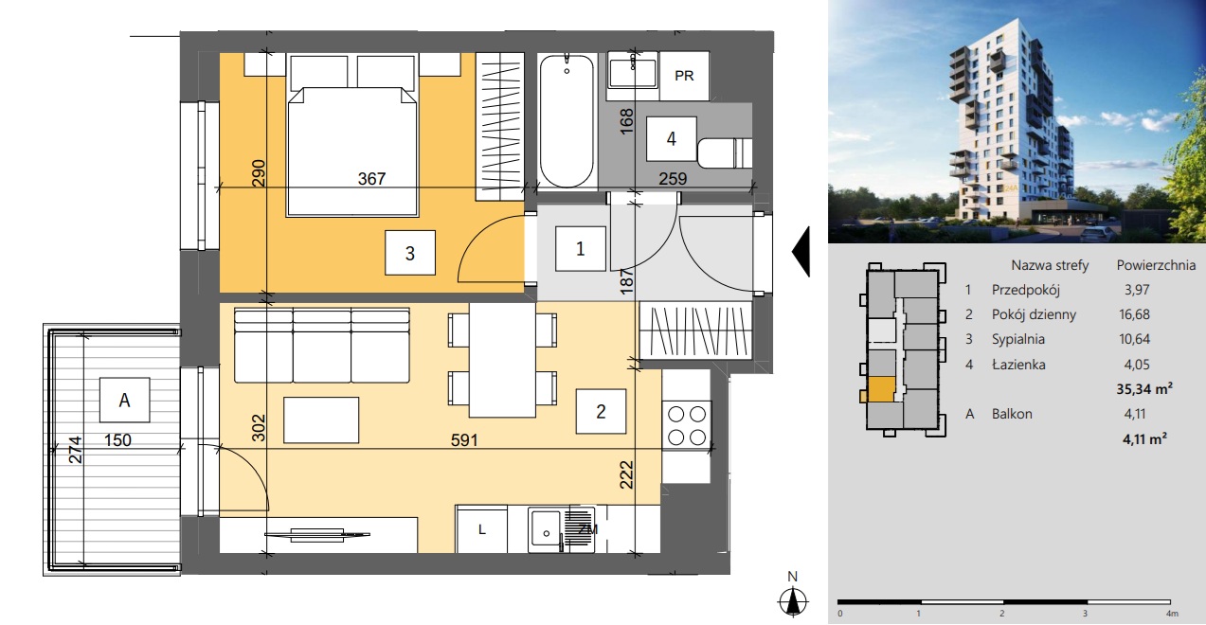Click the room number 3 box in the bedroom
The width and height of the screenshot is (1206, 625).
coord(409,253)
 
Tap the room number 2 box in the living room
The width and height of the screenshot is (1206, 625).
coord(601,411)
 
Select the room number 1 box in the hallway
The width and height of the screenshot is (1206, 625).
coord(581,249)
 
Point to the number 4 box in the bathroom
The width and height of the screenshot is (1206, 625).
coord(672,138)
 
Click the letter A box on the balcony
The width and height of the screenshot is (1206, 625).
coord(124,400)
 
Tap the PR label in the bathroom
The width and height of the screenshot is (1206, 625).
coord(684,76)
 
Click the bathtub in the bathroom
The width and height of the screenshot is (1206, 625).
coord(567,120)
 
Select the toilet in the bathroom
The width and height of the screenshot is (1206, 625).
coord(725,152)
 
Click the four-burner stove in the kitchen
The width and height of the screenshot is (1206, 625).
coord(687,425)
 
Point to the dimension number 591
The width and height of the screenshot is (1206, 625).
coord(464,440)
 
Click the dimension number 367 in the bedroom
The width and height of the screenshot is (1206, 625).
coord(371,179)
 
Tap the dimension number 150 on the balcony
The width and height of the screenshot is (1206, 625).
coord(117,440)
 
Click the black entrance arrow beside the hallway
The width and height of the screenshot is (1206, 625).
coord(801,252)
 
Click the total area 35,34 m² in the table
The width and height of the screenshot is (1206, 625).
coord(1144,388)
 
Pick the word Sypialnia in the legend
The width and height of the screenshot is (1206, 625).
coord(1018,339)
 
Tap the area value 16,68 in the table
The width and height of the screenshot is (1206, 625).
coord(1134,314)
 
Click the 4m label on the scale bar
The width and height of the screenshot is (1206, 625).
coord(1172,613)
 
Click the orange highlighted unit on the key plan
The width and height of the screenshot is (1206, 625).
coord(881,388)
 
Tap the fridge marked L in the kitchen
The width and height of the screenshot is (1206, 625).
coord(482,529)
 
